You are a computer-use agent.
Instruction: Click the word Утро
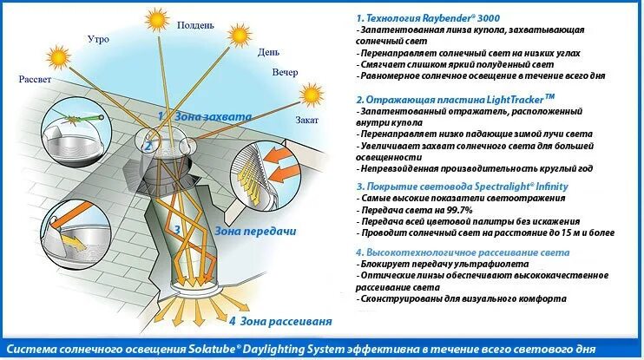(x=99, y=39)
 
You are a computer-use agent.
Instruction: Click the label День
(x=268, y=52)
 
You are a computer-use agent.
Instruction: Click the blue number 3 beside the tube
(x=177, y=230)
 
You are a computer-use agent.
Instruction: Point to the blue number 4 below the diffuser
(x=232, y=321)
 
